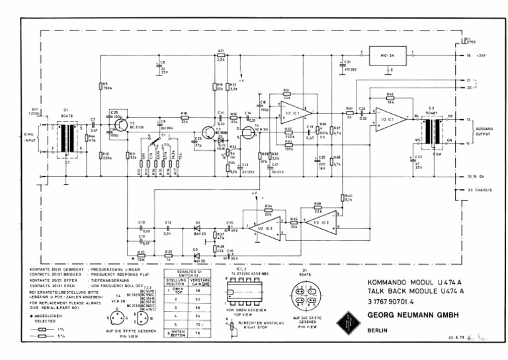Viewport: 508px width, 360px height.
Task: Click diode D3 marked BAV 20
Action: [196, 254]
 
